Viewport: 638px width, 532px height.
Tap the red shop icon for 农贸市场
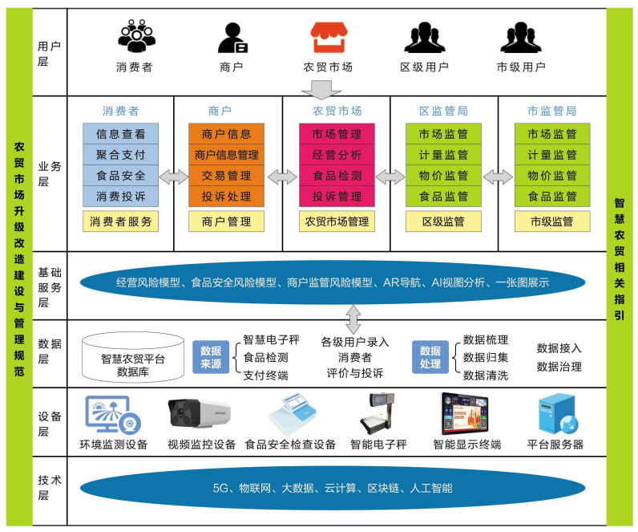point(329,37)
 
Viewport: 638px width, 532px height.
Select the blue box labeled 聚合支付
point(120,155)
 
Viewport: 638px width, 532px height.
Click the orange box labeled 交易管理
point(226,176)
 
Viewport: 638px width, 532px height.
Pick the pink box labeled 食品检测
point(337,176)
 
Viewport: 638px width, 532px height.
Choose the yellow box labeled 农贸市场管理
point(337,221)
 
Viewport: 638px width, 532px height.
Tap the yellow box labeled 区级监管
point(443,221)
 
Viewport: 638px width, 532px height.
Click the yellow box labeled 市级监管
point(551,221)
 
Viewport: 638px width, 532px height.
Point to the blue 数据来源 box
point(211,357)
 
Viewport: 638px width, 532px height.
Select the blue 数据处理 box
point(430,357)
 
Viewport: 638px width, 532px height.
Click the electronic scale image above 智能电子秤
point(378,413)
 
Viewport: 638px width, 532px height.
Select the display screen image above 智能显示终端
point(466,413)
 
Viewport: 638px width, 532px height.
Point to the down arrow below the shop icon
point(328,86)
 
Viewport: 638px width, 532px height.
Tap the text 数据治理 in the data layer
point(559,367)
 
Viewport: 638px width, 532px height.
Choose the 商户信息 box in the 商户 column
point(226,134)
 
